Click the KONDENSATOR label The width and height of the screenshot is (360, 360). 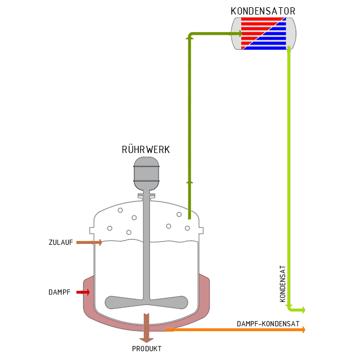[x=263, y=11]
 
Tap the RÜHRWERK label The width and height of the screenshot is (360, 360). [x=146, y=149]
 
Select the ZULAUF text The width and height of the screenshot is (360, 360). [x=61, y=242]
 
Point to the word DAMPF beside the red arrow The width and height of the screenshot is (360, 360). [x=59, y=292]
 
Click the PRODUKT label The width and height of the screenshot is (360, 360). [x=146, y=349]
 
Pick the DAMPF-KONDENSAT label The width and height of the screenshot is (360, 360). [x=268, y=324]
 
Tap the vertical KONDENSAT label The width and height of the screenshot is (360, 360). [x=283, y=284]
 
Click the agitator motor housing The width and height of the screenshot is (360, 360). [x=146, y=174]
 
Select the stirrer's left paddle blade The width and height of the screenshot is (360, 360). [x=124, y=302]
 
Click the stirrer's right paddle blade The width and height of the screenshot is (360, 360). [x=169, y=302]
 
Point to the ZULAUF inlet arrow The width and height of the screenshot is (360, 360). [x=89, y=242]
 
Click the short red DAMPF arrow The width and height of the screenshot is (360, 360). [x=83, y=292]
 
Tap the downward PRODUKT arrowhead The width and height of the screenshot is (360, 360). [x=146, y=340]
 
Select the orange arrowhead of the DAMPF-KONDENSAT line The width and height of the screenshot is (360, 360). [x=303, y=330]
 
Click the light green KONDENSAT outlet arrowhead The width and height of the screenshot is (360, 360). [x=303, y=310]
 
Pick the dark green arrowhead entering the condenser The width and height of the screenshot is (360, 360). [x=240, y=34]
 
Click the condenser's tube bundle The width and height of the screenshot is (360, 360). [x=264, y=34]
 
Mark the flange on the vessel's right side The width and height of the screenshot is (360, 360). [x=201, y=230]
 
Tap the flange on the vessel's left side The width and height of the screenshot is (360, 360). [x=92, y=230]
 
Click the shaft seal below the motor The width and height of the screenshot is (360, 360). [x=146, y=196]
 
